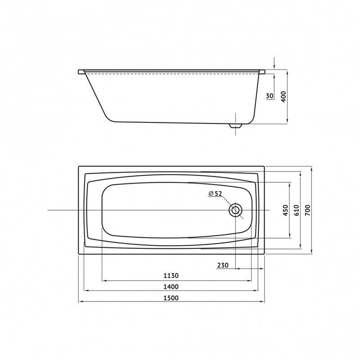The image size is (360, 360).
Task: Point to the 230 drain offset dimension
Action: click(x=222, y=265)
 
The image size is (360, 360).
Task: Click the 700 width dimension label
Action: click(x=308, y=211)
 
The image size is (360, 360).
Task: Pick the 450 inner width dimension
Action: click(x=285, y=211)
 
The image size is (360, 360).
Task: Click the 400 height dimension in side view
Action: click(x=283, y=96)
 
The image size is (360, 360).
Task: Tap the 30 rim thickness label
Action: click(x=270, y=96)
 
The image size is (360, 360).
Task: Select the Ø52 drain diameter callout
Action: click(x=216, y=193)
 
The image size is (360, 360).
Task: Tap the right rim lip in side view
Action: click(x=262, y=72)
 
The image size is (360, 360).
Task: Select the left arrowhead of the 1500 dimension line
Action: click(x=81, y=301)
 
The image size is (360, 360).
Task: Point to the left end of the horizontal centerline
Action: click(x=47, y=211)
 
